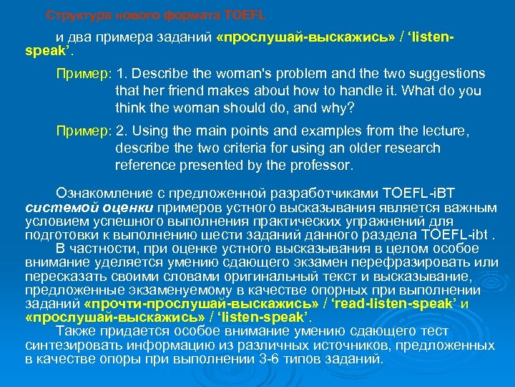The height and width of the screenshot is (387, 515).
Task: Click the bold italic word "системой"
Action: tap(52, 207)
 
